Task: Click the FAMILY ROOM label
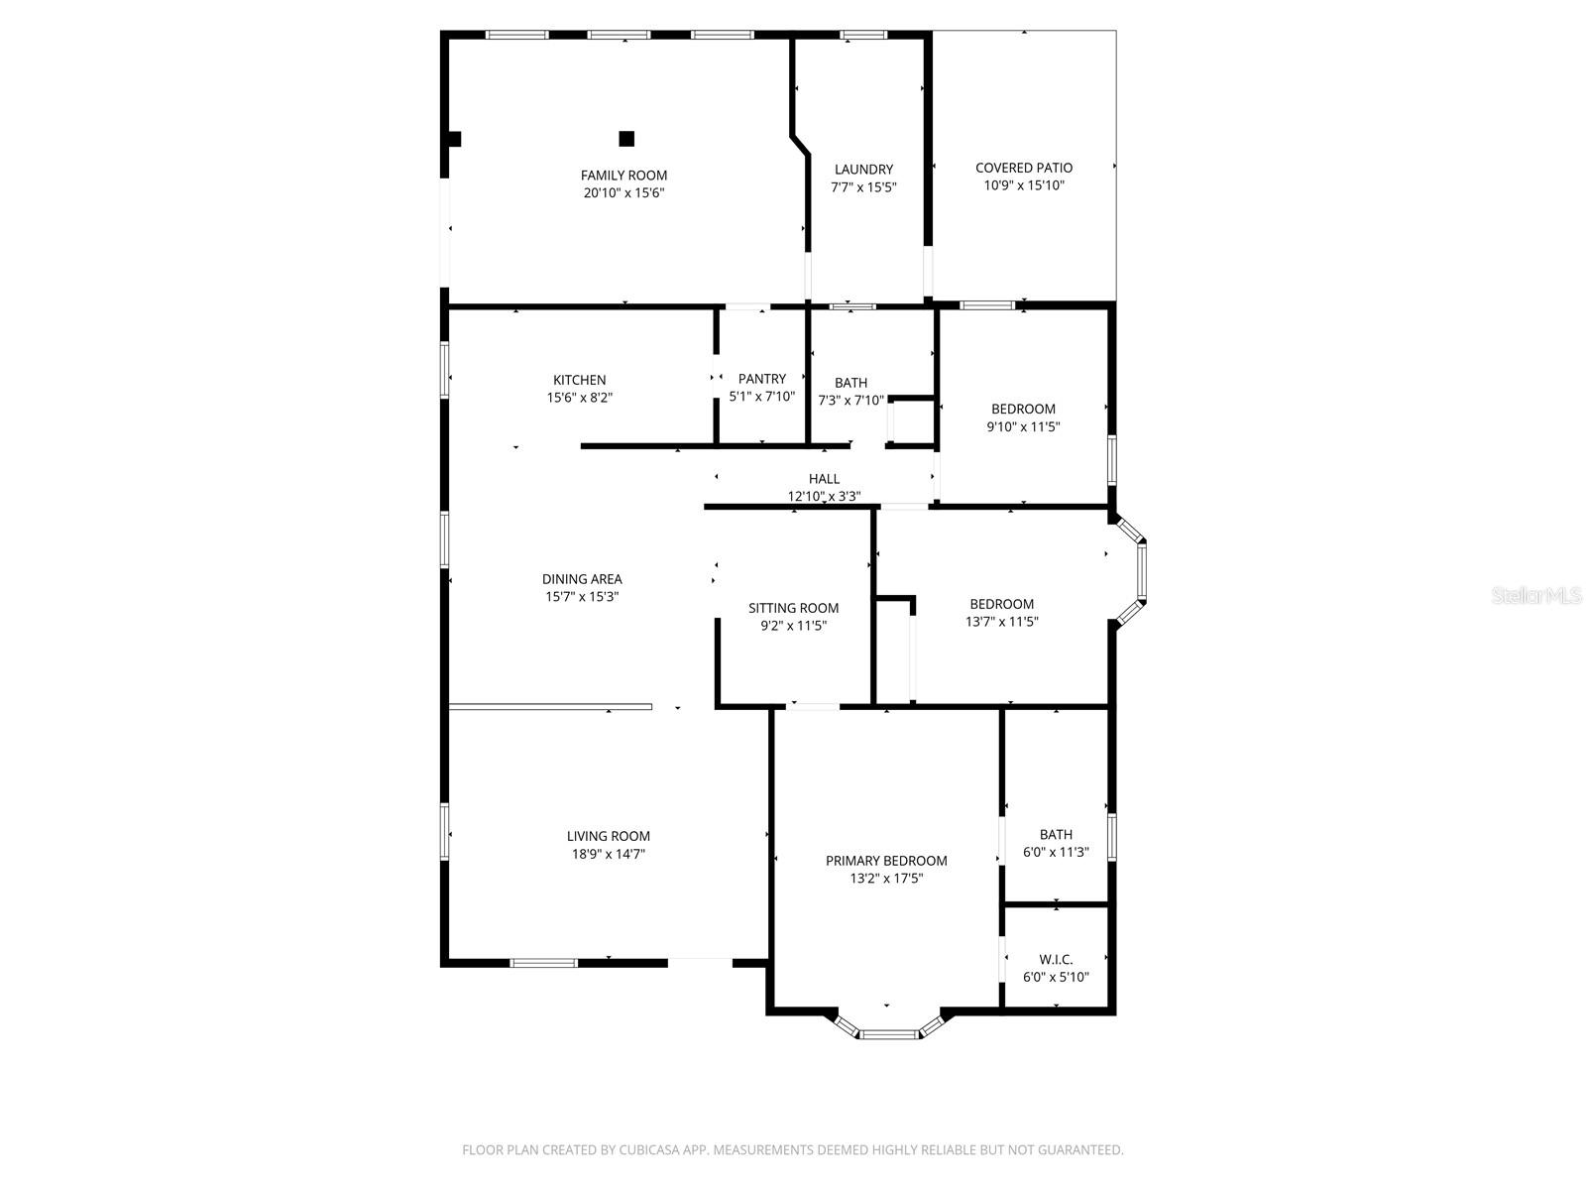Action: (x=623, y=176)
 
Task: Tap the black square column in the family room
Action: (x=626, y=139)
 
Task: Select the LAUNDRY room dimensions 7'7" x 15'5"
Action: (x=863, y=186)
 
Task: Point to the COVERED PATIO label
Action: (x=1024, y=168)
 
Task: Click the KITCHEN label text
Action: (x=579, y=380)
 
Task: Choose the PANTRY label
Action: (x=761, y=379)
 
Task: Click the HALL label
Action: (x=824, y=479)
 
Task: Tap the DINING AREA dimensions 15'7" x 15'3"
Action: (x=582, y=597)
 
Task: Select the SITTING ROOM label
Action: (x=793, y=608)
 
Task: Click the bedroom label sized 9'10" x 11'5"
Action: (x=1023, y=409)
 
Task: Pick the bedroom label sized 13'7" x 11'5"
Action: (x=1001, y=604)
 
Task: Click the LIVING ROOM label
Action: (x=608, y=836)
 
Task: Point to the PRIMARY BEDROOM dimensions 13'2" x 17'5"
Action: (x=886, y=879)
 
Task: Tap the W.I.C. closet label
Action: (x=1056, y=959)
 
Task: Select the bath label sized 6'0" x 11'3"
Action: (x=1056, y=835)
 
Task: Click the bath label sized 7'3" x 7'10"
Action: (x=850, y=383)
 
